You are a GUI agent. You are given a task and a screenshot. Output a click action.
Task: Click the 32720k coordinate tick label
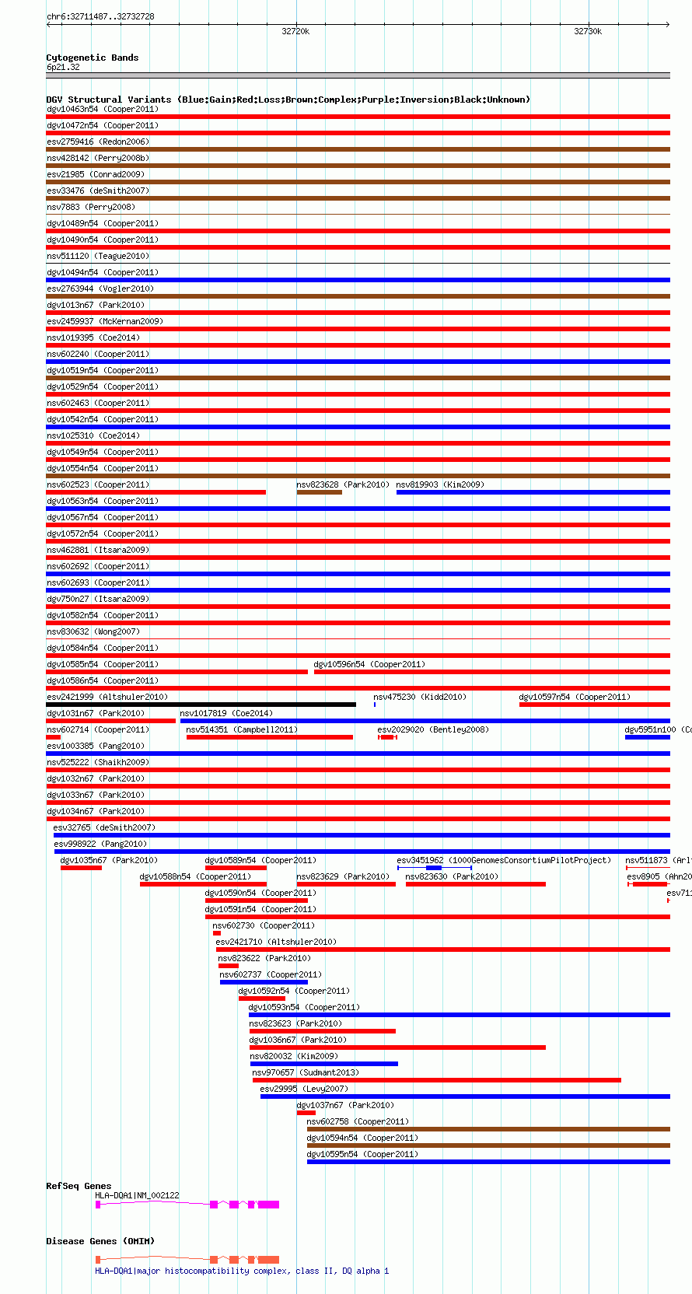click(295, 32)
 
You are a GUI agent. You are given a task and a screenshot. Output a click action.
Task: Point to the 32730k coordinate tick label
click(588, 32)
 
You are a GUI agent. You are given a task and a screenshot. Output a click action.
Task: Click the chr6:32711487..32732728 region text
click(100, 16)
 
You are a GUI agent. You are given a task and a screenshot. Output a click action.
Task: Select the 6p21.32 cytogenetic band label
click(63, 68)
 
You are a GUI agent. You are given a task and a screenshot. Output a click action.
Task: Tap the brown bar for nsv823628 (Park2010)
click(319, 492)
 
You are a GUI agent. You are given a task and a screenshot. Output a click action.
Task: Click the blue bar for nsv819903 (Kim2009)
click(533, 492)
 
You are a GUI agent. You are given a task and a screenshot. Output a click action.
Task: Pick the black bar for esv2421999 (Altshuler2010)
click(201, 705)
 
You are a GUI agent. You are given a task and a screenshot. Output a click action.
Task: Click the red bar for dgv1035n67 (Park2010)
click(81, 868)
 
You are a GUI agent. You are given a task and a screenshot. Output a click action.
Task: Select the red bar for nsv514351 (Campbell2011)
click(269, 737)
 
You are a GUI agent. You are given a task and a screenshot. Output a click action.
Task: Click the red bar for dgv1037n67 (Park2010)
click(306, 1113)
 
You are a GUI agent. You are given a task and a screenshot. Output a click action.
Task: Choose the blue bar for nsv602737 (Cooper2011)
click(264, 982)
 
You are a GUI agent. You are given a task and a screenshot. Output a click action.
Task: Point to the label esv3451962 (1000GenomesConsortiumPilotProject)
click(504, 860)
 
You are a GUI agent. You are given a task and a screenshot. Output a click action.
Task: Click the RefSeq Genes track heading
click(79, 1186)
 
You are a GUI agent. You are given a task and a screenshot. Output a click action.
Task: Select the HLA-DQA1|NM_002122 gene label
click(137, 1195)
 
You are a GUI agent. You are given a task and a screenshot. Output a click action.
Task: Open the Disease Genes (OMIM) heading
click(100, 1241)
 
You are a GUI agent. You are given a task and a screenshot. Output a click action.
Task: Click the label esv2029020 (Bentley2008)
click(433, 729)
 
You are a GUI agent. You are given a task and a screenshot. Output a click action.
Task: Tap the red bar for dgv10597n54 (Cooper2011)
click(594, 705)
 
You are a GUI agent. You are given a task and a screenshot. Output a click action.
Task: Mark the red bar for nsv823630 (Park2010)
click(475, 884)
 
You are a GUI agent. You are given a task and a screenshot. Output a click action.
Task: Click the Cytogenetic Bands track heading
click(92, 58)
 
